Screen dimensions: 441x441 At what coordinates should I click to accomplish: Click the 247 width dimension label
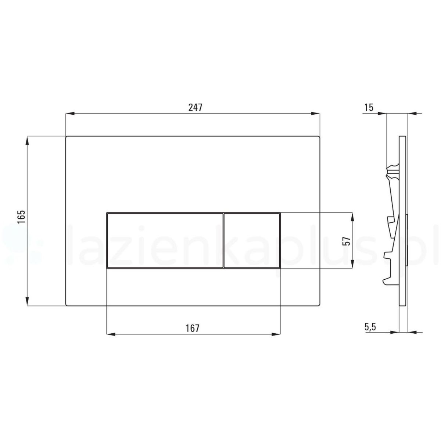pos(195,107)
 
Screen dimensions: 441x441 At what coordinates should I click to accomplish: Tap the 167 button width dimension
pos(193,329)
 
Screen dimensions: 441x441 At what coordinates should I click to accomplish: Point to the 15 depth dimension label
pos(369,107)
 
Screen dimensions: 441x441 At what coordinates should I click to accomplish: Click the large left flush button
pos(165,240)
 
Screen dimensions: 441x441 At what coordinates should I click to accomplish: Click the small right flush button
pos(252,240)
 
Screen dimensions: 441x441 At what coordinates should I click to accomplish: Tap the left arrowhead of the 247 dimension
pos(70,113)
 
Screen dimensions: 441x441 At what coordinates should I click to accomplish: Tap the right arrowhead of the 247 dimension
pos(315,113)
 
